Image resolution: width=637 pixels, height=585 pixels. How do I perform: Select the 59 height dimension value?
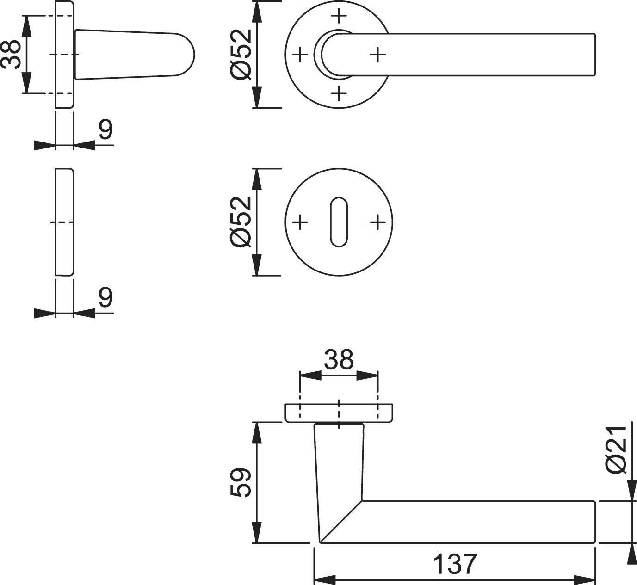pyautogui.click(x=241, y=483)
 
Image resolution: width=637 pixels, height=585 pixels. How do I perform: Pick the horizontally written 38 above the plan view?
pyautogui.click(x=339, y=360)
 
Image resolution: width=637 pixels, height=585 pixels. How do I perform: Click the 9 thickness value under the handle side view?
pyautogui.click(x=105, y=130)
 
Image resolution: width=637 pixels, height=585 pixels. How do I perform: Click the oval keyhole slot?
pyautogui.click(x=339, y=222)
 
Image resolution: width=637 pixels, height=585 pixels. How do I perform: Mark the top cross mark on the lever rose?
pyautogui.click(x=340, y=16)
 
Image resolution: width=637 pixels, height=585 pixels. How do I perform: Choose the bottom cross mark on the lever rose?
pyautogui.click(x=340, y=93)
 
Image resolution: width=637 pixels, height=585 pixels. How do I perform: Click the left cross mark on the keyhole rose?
pyautogui.click(x=301, y=222)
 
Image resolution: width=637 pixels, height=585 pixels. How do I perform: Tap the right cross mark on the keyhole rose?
pyautogui.click(x=378, y=222)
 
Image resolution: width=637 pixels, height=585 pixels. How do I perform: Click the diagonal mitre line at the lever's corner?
pyautogui.click(x=341, y=521)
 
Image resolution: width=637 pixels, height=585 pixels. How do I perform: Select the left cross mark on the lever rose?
pyautogui.click(x=301, y=55)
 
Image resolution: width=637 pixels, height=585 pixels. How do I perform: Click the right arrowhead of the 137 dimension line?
pyautogui.click(x=585, y=579)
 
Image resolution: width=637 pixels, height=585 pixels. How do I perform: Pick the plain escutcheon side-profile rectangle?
pyautogui.click(x=64, y=222)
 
